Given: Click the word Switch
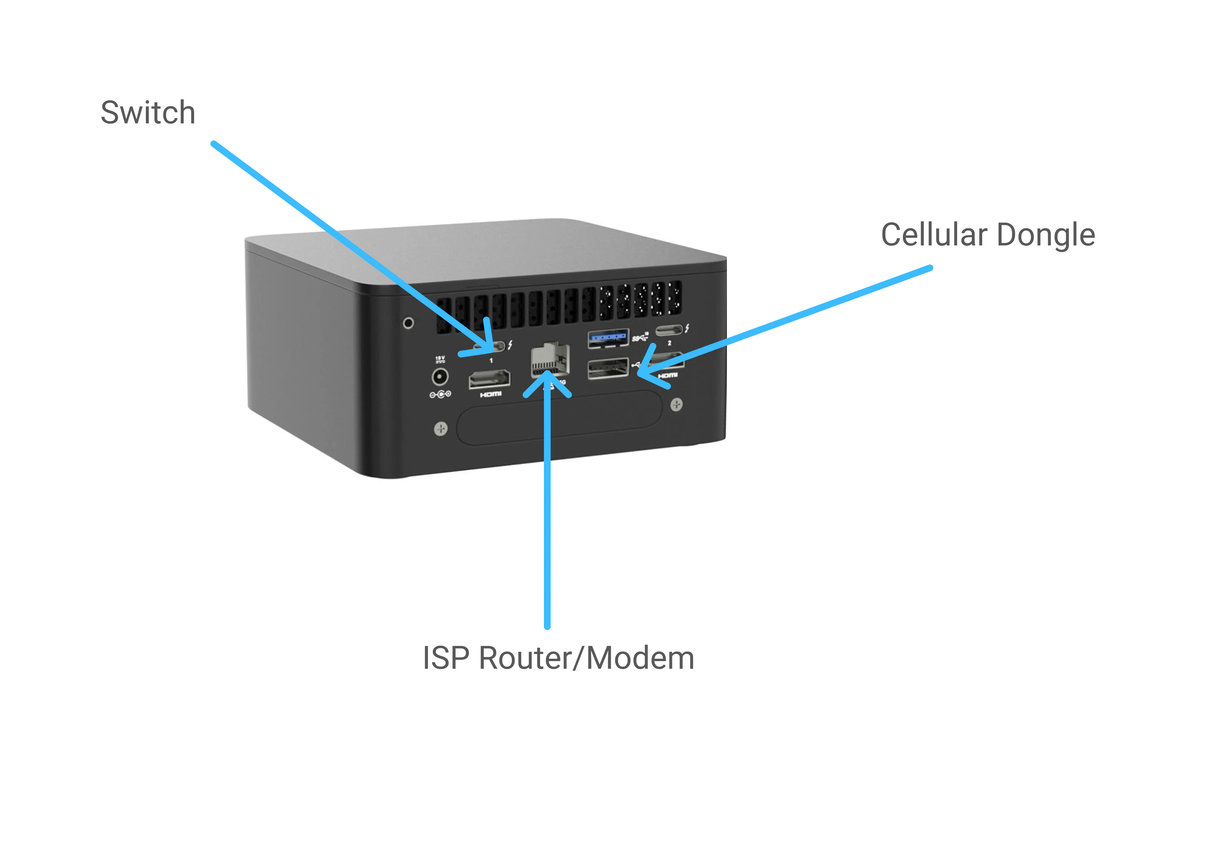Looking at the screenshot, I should [148, 113].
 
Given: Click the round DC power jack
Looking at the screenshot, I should [440, 377].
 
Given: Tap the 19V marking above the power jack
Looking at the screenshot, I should [440, 359].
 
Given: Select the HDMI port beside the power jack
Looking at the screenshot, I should [489, 379].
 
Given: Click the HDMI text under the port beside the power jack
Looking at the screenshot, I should [490, 395].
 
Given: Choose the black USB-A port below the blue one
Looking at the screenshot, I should [607, 369].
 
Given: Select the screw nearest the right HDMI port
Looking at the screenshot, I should [676, 405].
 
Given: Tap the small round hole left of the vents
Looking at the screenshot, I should [408, 323].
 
